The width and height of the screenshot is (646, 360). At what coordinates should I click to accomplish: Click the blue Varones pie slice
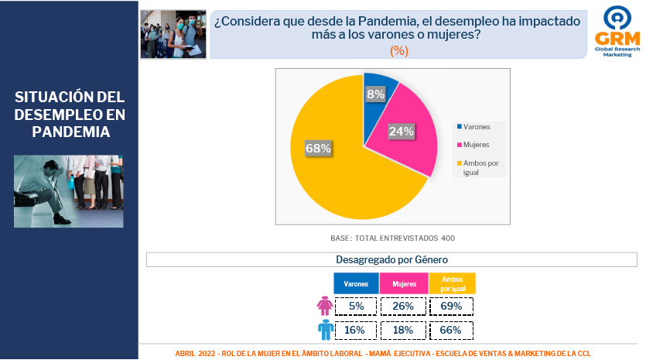click(378, 107)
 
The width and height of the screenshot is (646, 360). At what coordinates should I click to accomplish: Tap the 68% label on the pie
click(318, 148)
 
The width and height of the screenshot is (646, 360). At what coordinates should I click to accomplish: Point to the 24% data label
click(402, 131)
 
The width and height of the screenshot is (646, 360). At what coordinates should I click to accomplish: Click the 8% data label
click(375, 94)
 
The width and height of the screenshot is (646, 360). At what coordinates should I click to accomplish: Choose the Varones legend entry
click(473, 127)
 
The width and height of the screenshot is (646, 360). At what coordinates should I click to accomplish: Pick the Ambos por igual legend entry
click(478, 167)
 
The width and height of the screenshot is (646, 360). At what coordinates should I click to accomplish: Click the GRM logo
click(617, 31)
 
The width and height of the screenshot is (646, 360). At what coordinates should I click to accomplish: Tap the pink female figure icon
click(325, 306)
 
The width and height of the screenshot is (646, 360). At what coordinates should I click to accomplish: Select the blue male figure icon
click(326, 330)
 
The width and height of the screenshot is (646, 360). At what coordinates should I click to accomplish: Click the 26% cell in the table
click(403, 306)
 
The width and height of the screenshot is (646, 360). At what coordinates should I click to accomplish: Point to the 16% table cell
click(355, 330)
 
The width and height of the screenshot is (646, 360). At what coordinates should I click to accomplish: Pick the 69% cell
click(451, 306)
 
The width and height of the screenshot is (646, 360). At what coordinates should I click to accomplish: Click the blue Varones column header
click(356, 283)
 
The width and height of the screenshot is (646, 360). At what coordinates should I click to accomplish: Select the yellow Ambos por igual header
click(453, 283)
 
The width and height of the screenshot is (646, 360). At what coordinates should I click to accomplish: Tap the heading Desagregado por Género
click(391, 259)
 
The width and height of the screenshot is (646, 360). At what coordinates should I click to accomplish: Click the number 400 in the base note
click(448, 238)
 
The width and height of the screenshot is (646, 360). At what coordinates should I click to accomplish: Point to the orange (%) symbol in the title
click(398, 50)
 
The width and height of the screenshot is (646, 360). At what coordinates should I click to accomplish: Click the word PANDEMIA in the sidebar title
click(71, 132)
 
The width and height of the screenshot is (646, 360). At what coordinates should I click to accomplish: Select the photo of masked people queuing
click(173, 34)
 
